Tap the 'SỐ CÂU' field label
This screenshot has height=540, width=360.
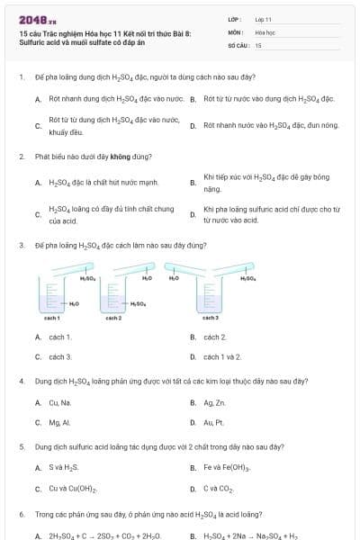point(238,44)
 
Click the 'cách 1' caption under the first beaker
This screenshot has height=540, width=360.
point(52,318)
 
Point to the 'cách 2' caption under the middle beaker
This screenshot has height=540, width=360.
point(113,318)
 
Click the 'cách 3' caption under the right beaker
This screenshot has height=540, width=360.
point(210,318)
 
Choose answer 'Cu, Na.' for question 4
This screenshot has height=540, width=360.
point(60,402)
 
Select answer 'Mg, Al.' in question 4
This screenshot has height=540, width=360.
point(59,421)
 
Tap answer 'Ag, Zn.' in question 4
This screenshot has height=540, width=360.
point(215,402)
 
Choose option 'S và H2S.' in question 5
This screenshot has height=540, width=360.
point(64,467)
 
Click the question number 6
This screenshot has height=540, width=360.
point(21,514)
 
